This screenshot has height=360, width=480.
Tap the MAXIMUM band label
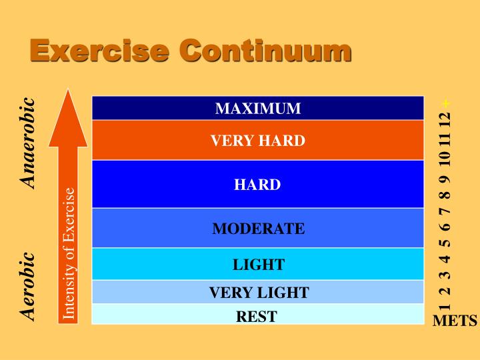coord(258,108)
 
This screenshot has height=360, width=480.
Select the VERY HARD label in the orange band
coord(258,141)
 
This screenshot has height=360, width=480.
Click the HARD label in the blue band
coord(257,185)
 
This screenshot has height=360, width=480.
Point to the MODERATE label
coord(258,229)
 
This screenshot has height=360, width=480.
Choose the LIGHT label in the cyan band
coord(258,265)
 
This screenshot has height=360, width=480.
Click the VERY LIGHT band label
coord(259,292)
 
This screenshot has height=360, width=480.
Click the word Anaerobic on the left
coord(27,143)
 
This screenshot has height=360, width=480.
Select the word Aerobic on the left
coord(27,285)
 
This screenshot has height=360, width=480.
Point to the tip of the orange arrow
coord(67,92)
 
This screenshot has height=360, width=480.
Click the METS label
coord(455,321)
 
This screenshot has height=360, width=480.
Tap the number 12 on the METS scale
coord(445,122)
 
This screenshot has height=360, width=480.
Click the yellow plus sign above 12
coord(445,103)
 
